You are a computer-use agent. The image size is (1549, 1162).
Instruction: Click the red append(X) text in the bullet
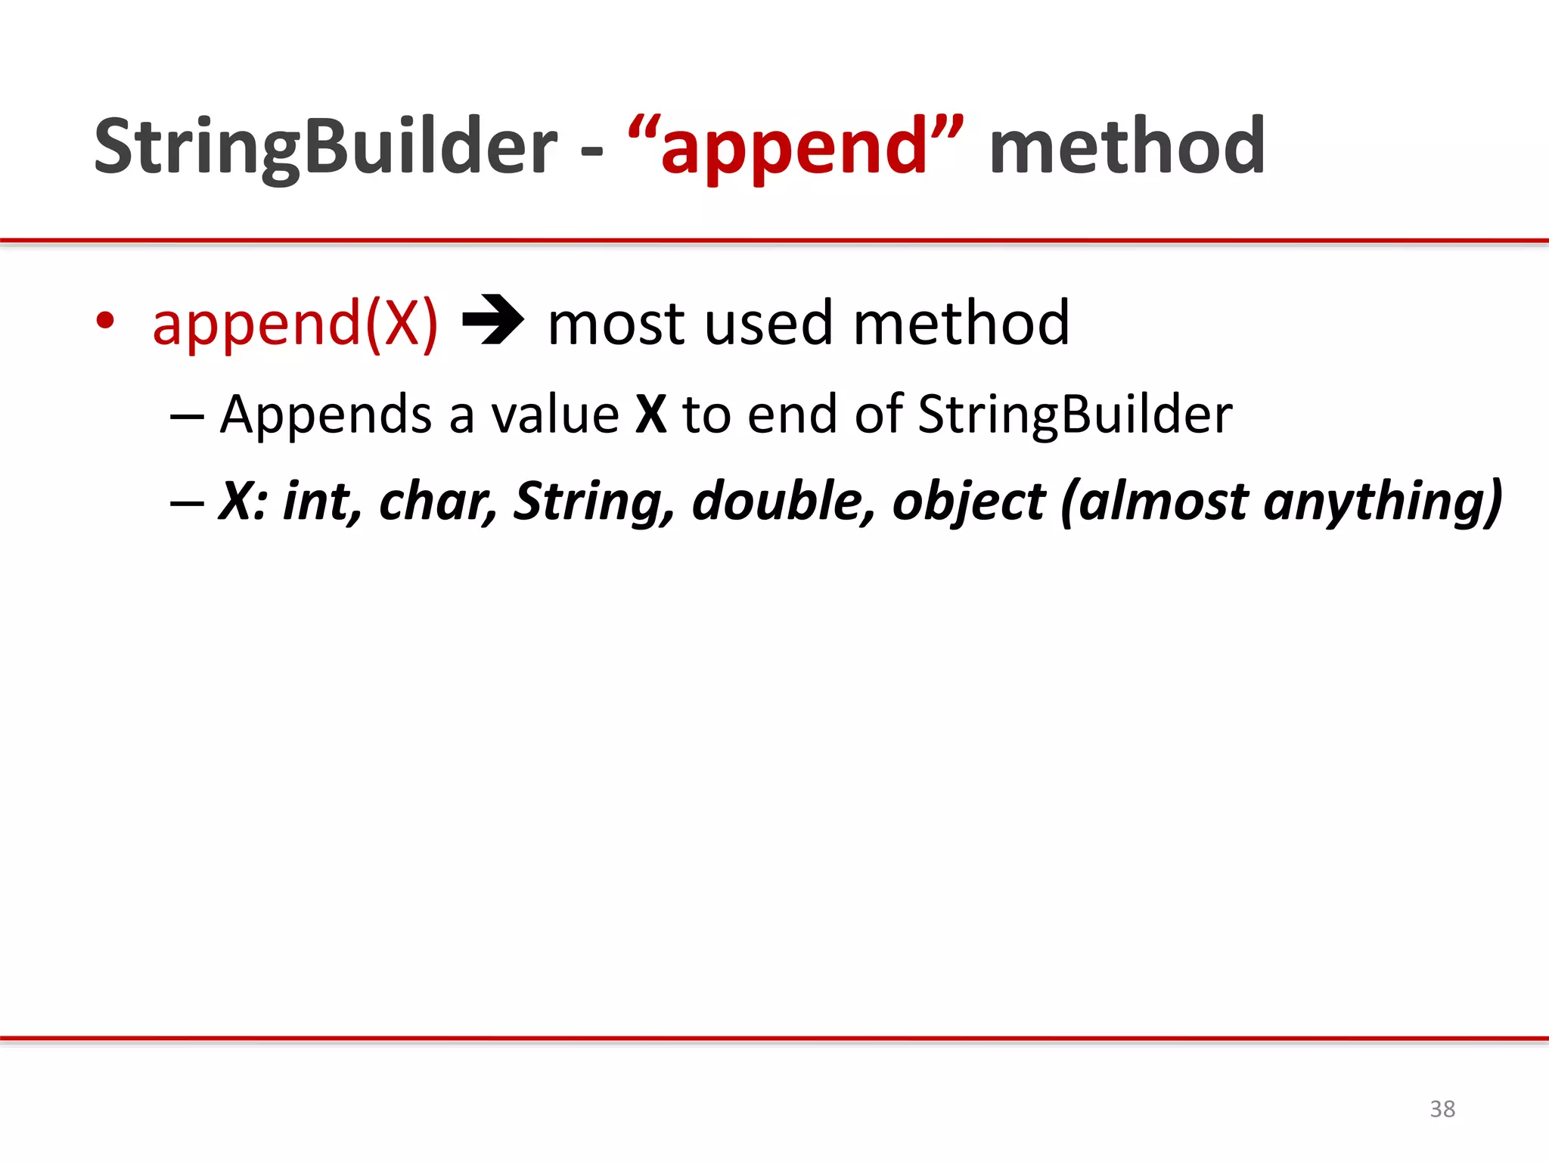(x=295, y=324)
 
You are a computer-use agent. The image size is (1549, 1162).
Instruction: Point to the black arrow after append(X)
(x=492, y=320)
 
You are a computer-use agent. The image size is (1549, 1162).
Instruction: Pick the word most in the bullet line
(x=616, y=324)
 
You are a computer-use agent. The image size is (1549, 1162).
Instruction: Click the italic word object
(x=969, y=502)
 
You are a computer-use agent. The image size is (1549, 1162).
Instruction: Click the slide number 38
(x=1442, y=1109)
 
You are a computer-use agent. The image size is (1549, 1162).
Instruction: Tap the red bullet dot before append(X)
(x=105, y=321)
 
